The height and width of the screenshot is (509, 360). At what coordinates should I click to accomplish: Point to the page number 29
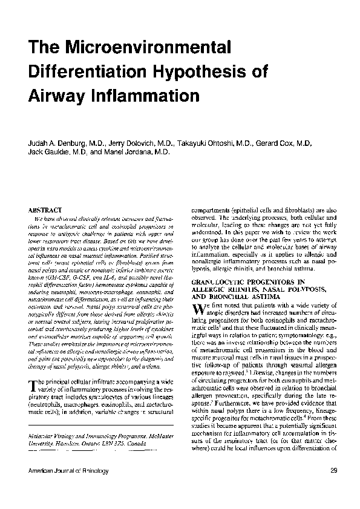click(334, 470)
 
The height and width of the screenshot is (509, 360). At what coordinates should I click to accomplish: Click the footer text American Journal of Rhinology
click(64, 470)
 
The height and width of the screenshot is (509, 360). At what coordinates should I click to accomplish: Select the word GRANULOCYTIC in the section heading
click(218, 282)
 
